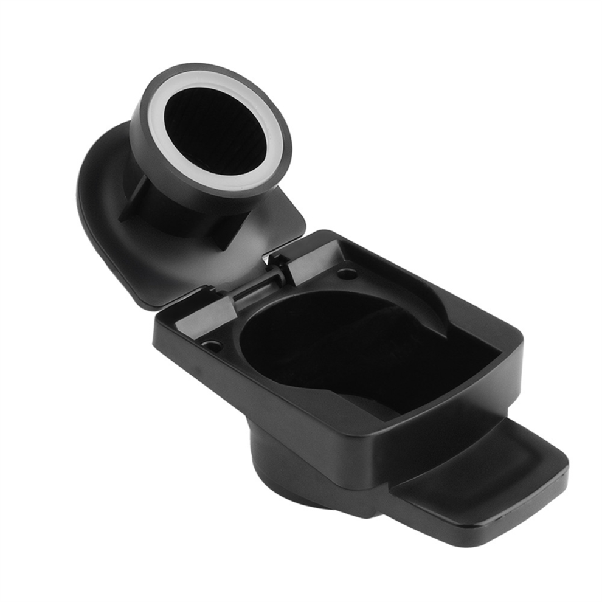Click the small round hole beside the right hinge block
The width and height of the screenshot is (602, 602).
pos(347,273)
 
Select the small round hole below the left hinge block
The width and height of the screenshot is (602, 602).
pos(211,345)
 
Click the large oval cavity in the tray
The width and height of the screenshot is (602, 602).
pos(341,347)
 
